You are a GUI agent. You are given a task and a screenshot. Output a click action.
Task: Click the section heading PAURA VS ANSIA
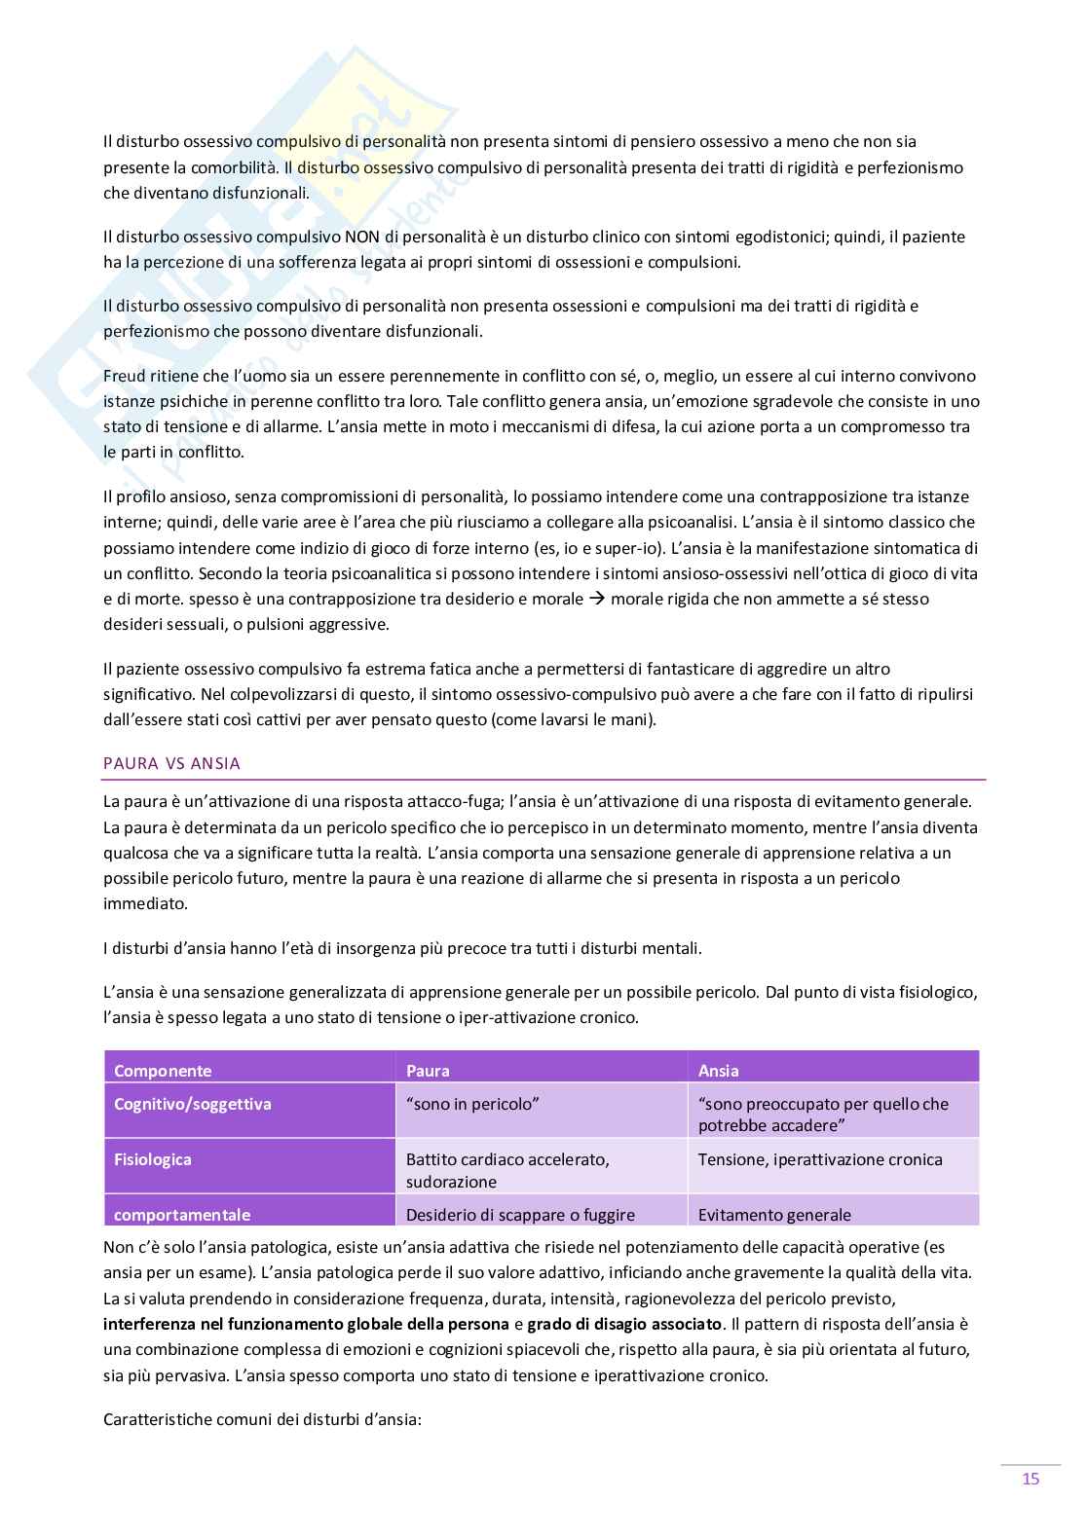[171, 763]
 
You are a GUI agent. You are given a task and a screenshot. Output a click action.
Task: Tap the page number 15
[1031, 1479]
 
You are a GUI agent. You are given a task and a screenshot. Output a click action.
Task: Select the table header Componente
[163, 1071]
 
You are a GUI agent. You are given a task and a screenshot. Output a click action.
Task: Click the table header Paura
[428, 1071]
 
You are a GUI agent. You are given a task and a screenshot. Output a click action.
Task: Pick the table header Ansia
[719, 1071]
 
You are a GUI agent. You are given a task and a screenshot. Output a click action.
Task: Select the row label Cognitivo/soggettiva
[193, 1104]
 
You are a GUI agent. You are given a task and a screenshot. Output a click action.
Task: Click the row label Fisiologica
[153, 1159]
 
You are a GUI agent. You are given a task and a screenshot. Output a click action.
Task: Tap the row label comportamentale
[182, 1215]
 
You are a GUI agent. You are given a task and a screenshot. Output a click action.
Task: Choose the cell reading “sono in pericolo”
[473, 1104]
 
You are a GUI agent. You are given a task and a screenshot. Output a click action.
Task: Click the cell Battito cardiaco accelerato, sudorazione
[507, 1170]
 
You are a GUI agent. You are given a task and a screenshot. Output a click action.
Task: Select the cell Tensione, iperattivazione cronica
[820, 1159]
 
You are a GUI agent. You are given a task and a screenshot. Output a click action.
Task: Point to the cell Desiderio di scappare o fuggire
[520, 1215]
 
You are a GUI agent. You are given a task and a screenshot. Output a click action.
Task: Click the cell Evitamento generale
[774, 1215]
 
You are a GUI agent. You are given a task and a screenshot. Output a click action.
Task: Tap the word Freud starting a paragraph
[124, 376]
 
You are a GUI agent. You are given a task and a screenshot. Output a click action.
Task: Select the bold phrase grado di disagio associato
[625, 1324]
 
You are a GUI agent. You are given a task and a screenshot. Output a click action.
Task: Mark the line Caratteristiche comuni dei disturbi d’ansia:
[262, 1419]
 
